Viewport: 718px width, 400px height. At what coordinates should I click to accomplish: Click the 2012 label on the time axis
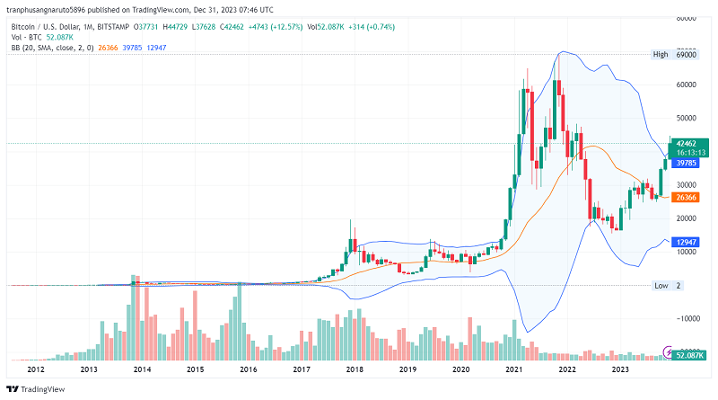[36, 369]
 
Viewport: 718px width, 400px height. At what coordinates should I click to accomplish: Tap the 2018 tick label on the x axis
[355, 369]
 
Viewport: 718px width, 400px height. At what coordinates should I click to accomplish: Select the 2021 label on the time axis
[514, 369]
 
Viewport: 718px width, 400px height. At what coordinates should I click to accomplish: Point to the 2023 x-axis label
[619, 369]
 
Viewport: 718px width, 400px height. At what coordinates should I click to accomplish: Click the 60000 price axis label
[687, 84]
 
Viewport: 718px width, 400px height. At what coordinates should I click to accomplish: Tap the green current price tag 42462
[687, 143]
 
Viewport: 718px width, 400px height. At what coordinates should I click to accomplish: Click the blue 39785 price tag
[687, 164]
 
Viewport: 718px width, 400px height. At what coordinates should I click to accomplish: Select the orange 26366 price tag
[687, 197]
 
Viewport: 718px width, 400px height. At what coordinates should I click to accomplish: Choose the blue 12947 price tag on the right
[687, 243]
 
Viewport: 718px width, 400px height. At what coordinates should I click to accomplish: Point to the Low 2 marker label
[668, 285]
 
